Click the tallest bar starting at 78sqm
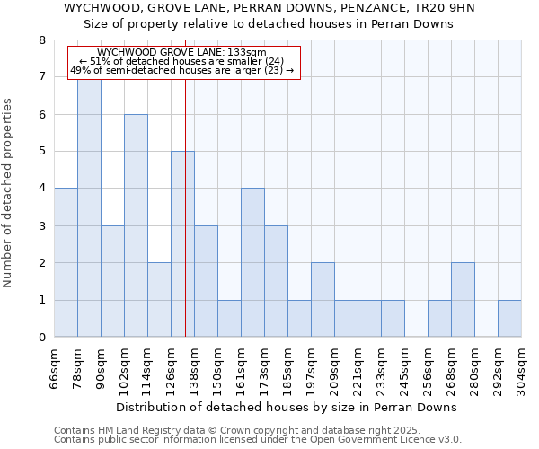point(89,207)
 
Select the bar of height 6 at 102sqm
point(136,225)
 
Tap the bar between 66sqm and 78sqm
point(66,262)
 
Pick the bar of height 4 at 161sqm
point(252,262)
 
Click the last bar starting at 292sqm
point(509,319)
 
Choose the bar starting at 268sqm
point(463,300)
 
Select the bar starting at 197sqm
point(323,300)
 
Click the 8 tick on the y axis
point(41,40)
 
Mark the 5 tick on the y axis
point(41,152)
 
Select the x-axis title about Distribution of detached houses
point(287,407)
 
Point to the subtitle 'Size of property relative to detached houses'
point(274,24)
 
